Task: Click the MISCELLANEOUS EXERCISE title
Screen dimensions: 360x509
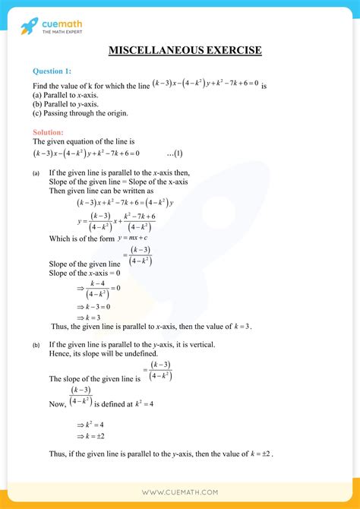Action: pos(185,50)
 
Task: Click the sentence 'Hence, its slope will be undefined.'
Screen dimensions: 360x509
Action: pos(106,353)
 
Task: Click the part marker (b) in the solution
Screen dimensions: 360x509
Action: pos(36,345)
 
